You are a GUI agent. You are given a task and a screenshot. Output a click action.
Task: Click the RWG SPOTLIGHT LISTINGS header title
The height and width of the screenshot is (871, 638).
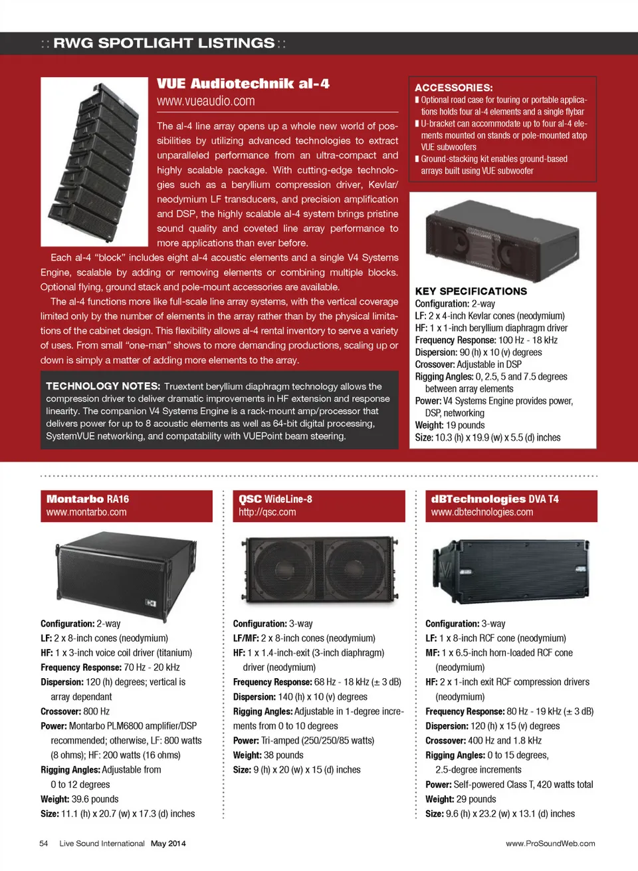tap(163, 43)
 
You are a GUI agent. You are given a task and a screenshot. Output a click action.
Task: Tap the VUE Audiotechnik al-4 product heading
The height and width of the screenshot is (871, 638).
tap(243, 84)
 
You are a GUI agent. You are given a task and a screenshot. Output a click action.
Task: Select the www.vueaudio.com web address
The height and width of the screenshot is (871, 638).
tap(205, 101)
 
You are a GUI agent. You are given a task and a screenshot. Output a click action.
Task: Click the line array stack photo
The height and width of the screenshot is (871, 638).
tap(94, 162)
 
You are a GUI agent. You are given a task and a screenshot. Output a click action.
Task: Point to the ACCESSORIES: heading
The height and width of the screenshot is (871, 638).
tap(453, 88)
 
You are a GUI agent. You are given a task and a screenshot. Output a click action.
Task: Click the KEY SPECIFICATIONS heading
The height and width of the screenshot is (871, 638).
tap(471, 291)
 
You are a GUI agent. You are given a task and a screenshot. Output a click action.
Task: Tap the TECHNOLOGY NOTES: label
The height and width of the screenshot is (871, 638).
tap(103, 386)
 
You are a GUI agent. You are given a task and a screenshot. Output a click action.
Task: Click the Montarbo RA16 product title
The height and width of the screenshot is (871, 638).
tap(88, 499)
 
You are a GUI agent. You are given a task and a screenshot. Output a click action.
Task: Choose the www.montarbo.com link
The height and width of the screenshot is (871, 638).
tap(86, 512)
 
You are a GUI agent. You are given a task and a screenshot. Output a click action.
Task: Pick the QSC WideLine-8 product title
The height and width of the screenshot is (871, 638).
tap(275, 499)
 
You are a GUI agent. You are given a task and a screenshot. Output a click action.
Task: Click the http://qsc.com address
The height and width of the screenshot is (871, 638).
tap(267, 512)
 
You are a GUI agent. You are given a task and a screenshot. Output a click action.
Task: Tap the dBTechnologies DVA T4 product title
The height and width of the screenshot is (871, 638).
tap(494, 499)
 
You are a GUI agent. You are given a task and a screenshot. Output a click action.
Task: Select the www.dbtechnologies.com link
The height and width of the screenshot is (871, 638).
tap(482, 512)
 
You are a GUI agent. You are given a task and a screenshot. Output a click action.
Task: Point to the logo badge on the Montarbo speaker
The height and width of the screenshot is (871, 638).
tap(151, 602)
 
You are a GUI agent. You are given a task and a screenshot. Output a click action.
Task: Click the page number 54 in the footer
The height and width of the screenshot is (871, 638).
tap(44, 844)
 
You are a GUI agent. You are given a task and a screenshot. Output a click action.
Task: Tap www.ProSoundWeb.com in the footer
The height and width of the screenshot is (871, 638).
tap(550, 844)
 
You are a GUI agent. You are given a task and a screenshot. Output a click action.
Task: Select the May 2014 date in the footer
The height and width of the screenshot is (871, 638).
tap(168, 844)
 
